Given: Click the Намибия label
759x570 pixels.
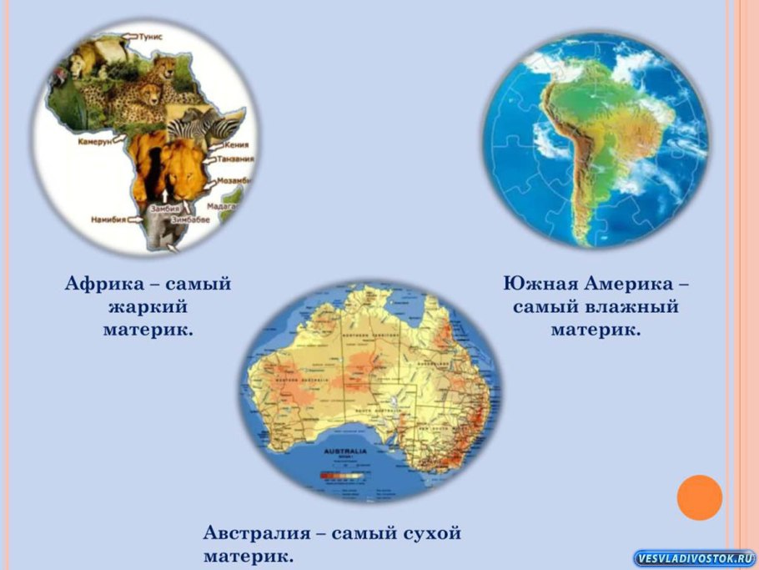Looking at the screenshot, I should [x=108, y=220].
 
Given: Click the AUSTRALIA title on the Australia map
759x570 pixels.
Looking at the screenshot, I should [x=342, y=448].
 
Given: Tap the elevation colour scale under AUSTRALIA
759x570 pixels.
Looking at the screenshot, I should [x=342, y=475].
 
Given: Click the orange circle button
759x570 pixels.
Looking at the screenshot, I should [x=698, y=497].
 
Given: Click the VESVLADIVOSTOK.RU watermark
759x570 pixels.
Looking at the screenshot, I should [x=694, y=558].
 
